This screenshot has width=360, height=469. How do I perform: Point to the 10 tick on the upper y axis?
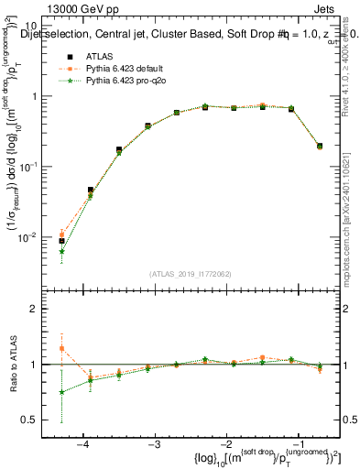tap(41, 26)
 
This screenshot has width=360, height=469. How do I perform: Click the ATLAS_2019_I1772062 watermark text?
tap(191, 274)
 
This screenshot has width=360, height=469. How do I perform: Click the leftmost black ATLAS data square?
tap(61, 241)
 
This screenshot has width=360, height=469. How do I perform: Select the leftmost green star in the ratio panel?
tap(61, 392)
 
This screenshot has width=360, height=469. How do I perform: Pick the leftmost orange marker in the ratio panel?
tap(61, 348)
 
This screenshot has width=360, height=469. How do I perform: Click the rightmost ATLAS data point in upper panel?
tap(319, 146)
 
